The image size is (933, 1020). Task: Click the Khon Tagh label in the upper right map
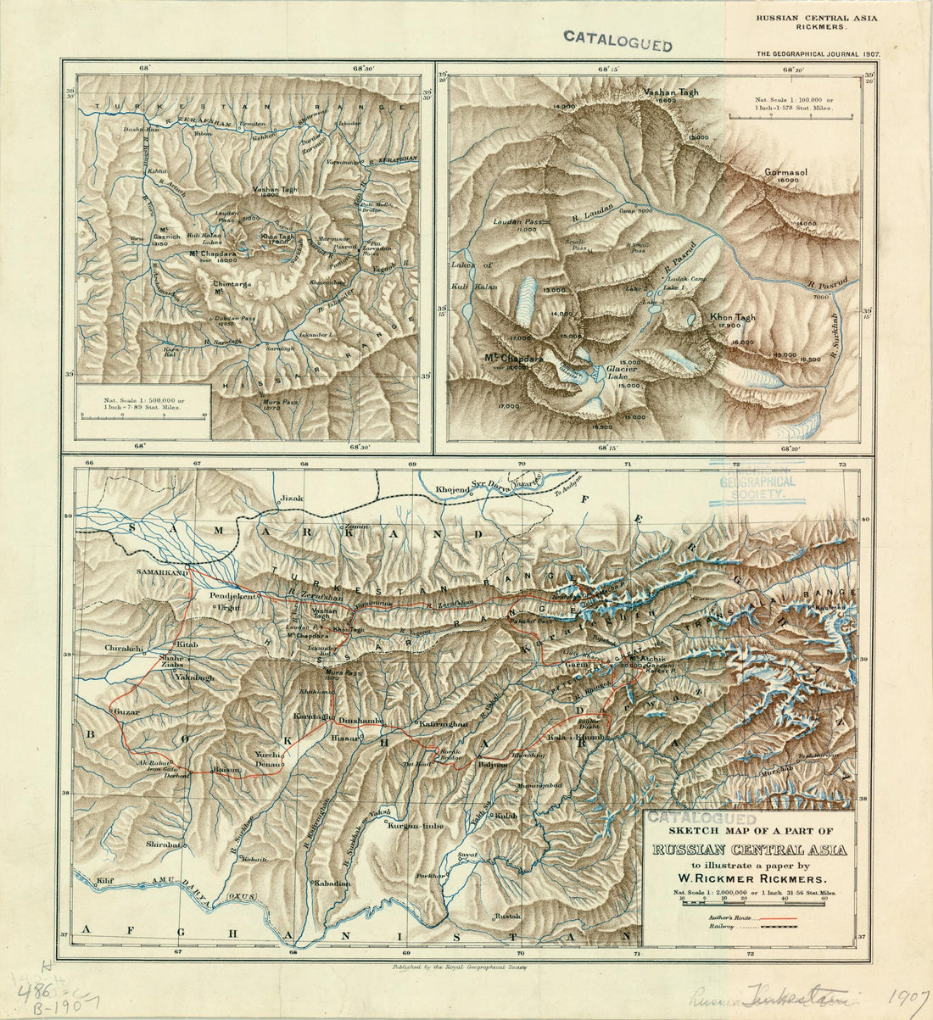click(732, 317)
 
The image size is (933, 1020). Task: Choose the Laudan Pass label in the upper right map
click(517, 221)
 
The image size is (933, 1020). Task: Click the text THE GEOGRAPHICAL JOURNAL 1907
click(818, 53)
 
